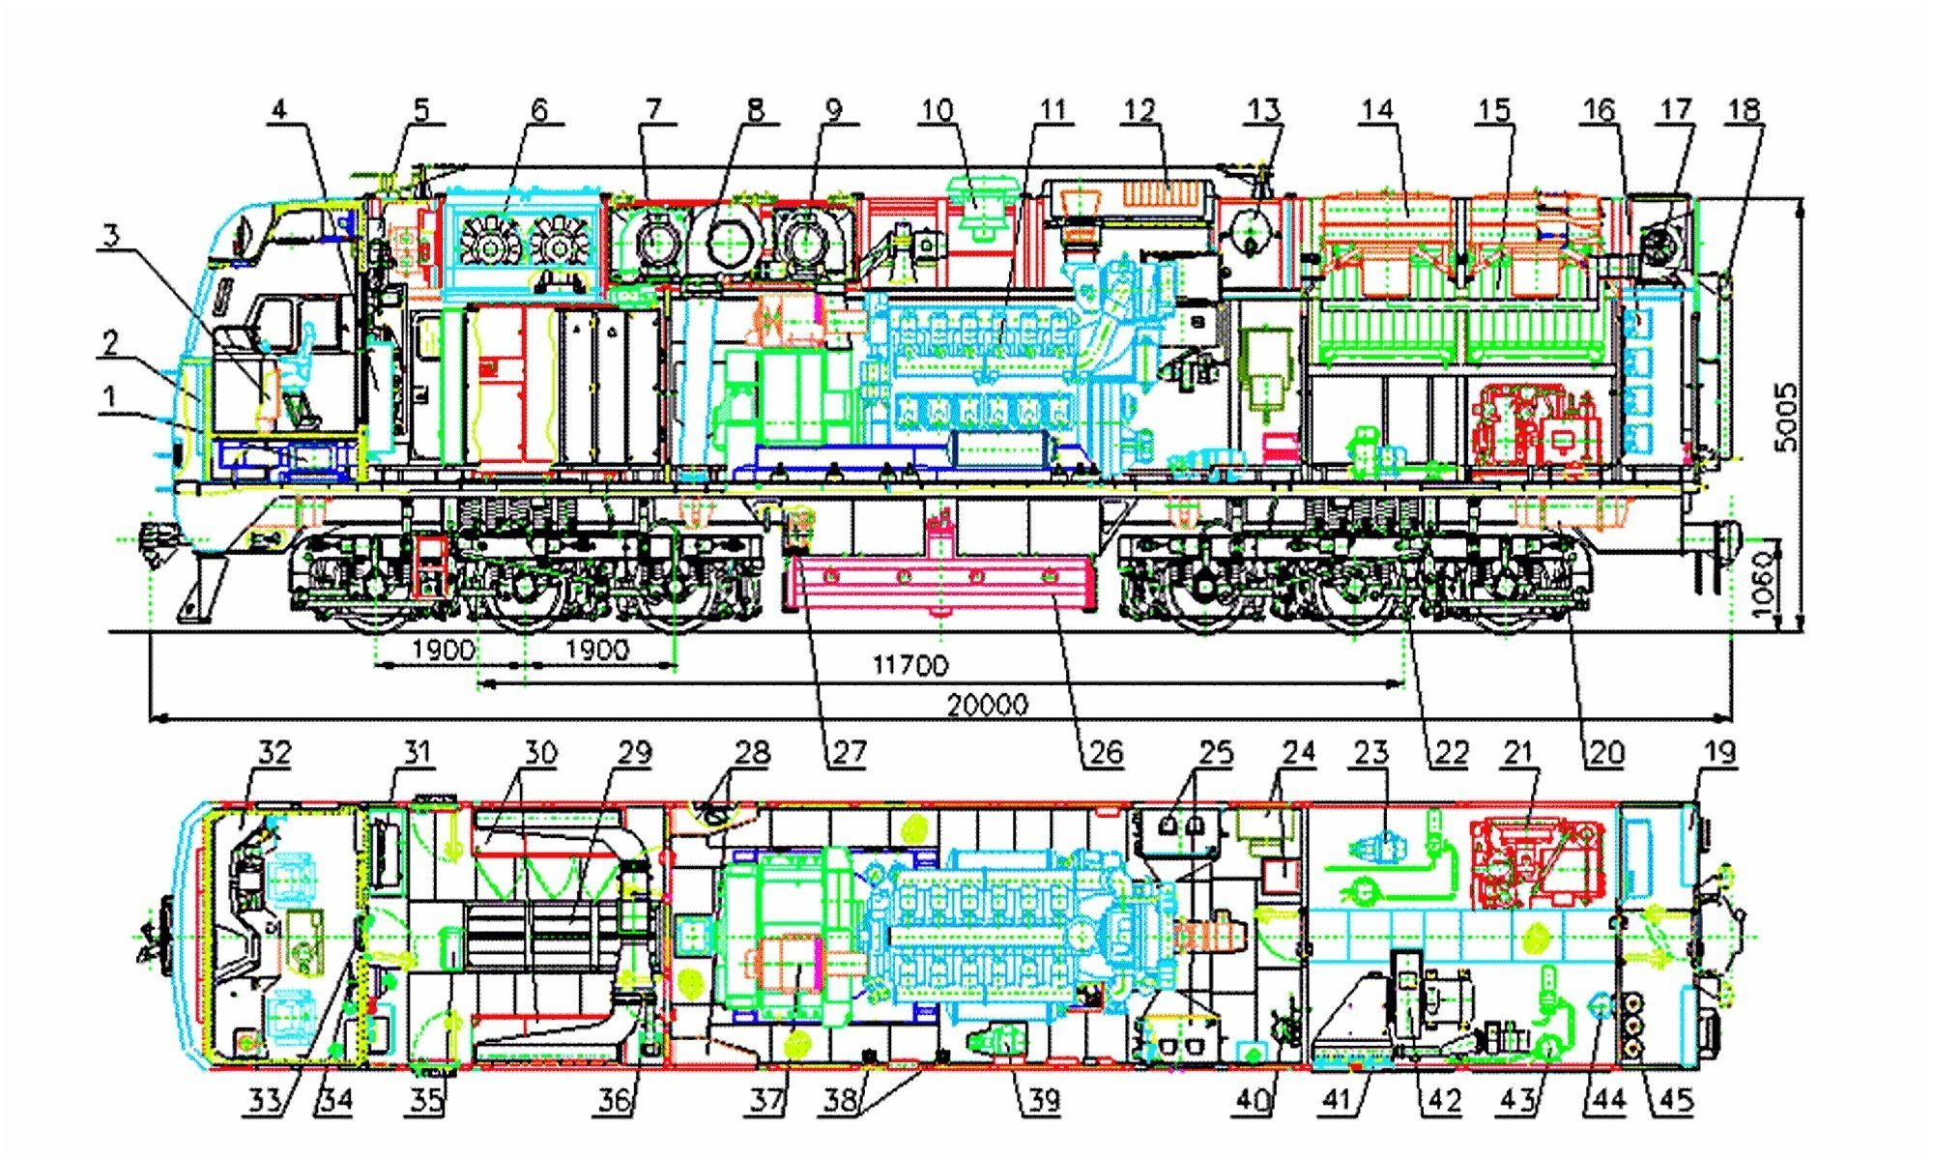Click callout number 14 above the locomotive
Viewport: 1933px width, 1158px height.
click(1377, 109)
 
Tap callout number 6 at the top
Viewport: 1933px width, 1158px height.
click(538, 109)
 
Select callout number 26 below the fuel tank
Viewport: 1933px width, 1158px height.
click(1106, 752)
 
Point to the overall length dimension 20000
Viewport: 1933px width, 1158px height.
click(987, 705)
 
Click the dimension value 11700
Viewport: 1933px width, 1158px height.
click(909, 665)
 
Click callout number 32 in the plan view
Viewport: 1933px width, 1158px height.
click(274, 752)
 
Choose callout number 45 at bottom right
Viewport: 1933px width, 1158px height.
click(1676, 1100)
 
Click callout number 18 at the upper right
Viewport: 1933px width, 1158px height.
click(1744, 109)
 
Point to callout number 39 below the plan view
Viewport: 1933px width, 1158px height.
click(1042, 1100)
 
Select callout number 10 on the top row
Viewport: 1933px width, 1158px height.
click(937, 109)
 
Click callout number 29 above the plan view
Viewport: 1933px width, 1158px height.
click(634, 752)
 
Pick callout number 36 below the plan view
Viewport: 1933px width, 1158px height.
click(615, 1100)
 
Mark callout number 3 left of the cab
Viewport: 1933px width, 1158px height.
click(111, 235)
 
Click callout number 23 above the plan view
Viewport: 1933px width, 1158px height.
click(1370, 752)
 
